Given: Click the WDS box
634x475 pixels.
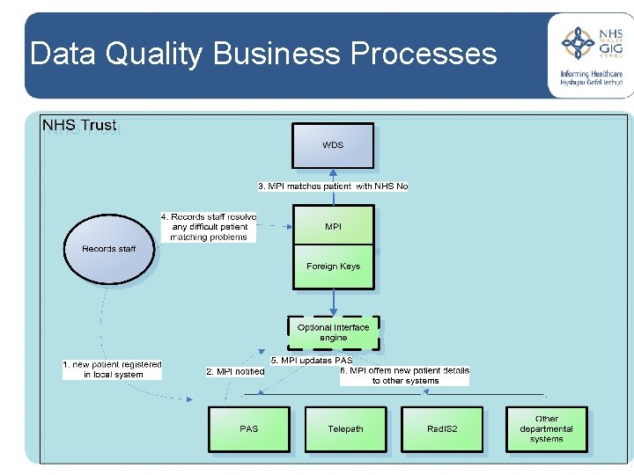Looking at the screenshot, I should click(x=333, y=145).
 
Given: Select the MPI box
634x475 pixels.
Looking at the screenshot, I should click(x=333, y=226).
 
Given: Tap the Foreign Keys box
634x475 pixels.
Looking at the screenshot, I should click(x=333, y=267).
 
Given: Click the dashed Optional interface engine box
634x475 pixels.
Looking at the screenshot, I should click(x=334, y=332).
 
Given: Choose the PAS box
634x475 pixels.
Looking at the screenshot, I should click(x=249, y=429).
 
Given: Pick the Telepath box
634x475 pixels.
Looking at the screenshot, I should click(x=345, y=429).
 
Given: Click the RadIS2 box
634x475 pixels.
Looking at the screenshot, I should click(x=442, y=429).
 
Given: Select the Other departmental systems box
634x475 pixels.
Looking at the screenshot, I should click(x=546, y=429).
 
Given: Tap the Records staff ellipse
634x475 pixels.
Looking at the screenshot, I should click(x=109, y=249).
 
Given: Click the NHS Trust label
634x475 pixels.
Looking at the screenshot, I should click(x=79, y=125).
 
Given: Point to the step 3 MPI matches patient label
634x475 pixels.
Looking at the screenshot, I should click(x=333, y=186).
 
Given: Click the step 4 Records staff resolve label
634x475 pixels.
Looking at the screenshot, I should click(x=209, y=227).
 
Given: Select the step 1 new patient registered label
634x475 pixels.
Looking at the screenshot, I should click(x=113, y=369).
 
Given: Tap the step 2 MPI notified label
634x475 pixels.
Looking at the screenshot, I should click(x=235, y=371).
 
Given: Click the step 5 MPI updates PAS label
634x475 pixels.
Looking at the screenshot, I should click(x=311, y=361).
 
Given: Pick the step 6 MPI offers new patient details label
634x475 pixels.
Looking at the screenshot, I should click(x=405, y=376).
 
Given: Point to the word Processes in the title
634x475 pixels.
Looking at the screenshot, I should click(x=424, y=55).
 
